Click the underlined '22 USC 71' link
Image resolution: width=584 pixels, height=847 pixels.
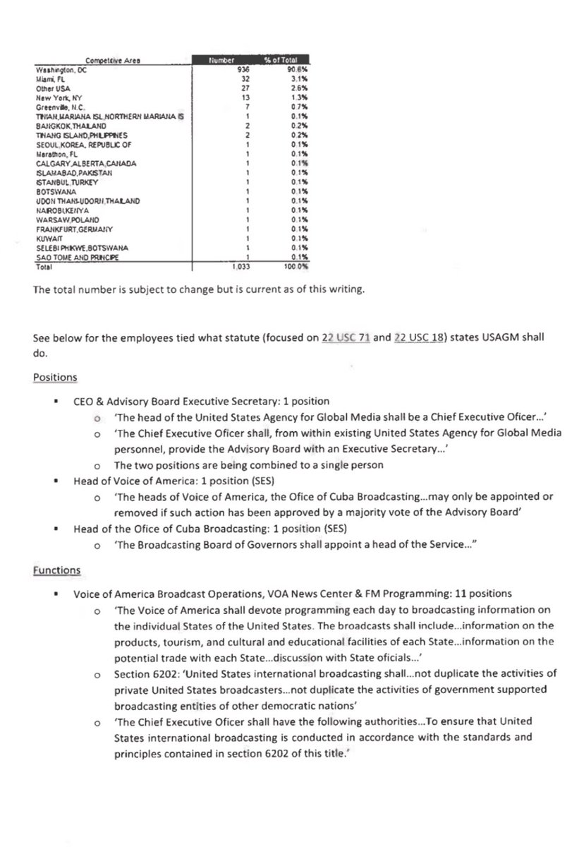tap(343, 338)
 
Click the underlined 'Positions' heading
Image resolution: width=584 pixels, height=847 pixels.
tap(55, 377)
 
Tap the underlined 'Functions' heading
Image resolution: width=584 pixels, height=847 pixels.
tap(56, 570)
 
